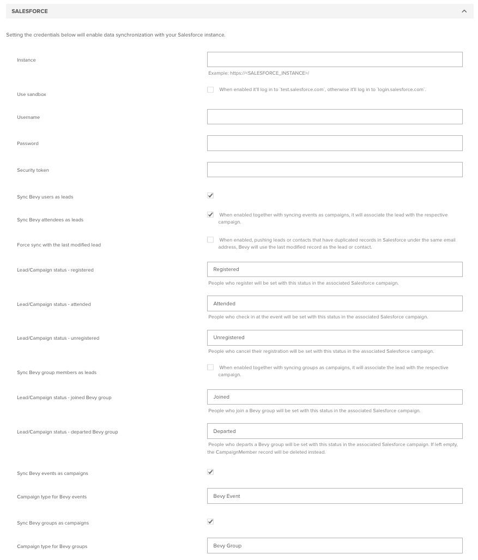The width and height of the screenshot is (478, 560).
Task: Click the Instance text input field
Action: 335,59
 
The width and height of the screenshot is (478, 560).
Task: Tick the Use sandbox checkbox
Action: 210,89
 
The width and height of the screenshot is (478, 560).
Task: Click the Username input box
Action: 335,117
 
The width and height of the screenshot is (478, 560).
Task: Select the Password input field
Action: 335,143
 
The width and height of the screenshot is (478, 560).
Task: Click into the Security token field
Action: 335,170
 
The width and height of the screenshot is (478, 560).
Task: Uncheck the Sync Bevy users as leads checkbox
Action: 210,196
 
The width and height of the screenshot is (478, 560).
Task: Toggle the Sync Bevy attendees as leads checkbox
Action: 210,215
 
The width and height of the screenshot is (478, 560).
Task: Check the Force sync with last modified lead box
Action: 210,240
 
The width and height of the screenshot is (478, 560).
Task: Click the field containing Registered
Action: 335,269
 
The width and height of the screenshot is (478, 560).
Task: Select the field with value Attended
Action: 335,303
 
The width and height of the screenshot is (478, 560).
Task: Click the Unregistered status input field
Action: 335,338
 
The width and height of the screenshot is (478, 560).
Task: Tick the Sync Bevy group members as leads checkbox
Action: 210,368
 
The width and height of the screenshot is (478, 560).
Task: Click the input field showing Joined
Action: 335,397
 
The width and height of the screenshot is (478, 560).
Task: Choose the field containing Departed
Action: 335,431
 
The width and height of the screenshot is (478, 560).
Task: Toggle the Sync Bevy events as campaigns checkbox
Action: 210,472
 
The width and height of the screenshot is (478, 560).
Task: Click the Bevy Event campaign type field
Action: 335,496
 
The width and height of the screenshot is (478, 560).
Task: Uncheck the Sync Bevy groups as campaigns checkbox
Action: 210,522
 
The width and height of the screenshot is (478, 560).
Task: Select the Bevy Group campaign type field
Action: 335,545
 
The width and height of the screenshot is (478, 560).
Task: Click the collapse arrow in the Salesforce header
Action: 464,11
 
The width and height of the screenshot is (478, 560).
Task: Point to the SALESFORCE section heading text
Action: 29,11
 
